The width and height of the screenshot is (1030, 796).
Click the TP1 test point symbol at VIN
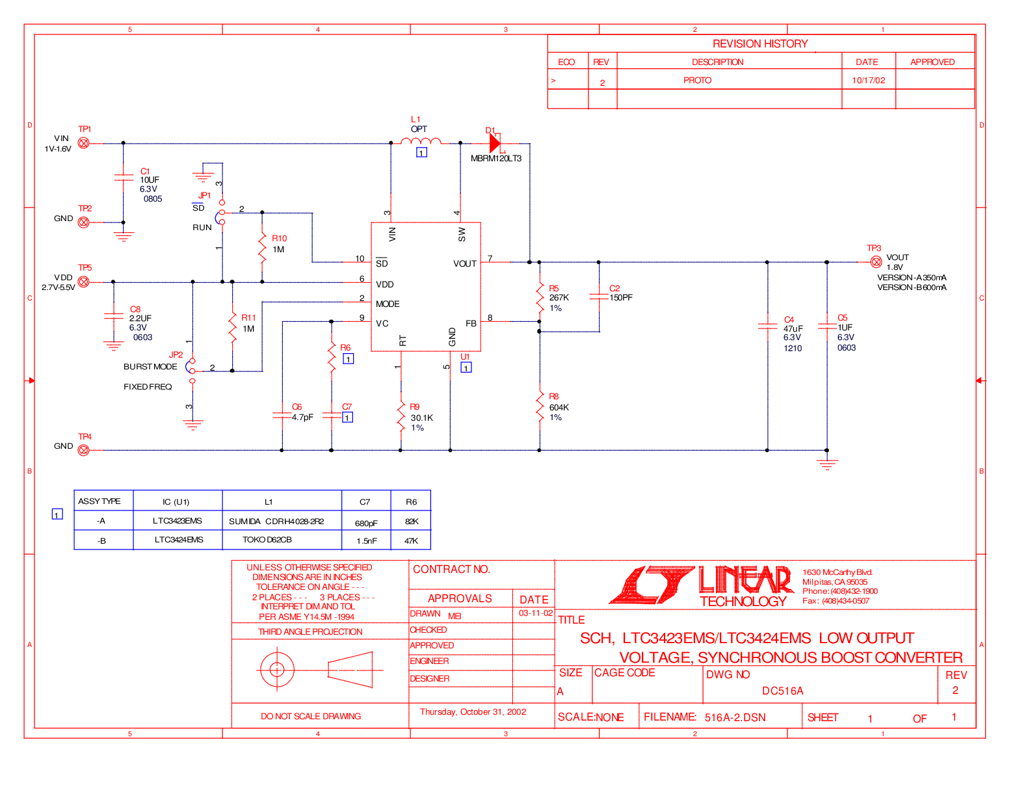83,142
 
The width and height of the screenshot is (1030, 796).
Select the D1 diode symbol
495,142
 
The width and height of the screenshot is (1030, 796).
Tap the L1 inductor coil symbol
421,140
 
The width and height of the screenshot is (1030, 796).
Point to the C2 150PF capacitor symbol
599,297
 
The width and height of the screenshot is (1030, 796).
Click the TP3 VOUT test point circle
876,261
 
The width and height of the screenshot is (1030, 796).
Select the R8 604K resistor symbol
540,406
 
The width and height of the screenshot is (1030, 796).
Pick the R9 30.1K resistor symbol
401,417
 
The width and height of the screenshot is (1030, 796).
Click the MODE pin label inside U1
388,304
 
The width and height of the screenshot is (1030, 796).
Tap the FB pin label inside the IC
471,323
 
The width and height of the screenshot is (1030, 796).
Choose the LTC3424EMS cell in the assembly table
178,540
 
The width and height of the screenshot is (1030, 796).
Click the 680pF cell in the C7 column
366,523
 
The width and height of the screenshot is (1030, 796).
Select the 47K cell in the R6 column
411,540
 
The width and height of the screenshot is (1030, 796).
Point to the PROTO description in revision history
697,80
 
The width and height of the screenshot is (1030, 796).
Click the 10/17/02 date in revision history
868,80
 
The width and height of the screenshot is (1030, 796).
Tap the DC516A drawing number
782,691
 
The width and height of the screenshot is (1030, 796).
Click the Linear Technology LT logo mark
651,585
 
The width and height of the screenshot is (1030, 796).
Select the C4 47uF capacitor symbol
767,326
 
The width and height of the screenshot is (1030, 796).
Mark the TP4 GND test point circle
83,450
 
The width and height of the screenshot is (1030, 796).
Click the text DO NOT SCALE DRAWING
310,716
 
